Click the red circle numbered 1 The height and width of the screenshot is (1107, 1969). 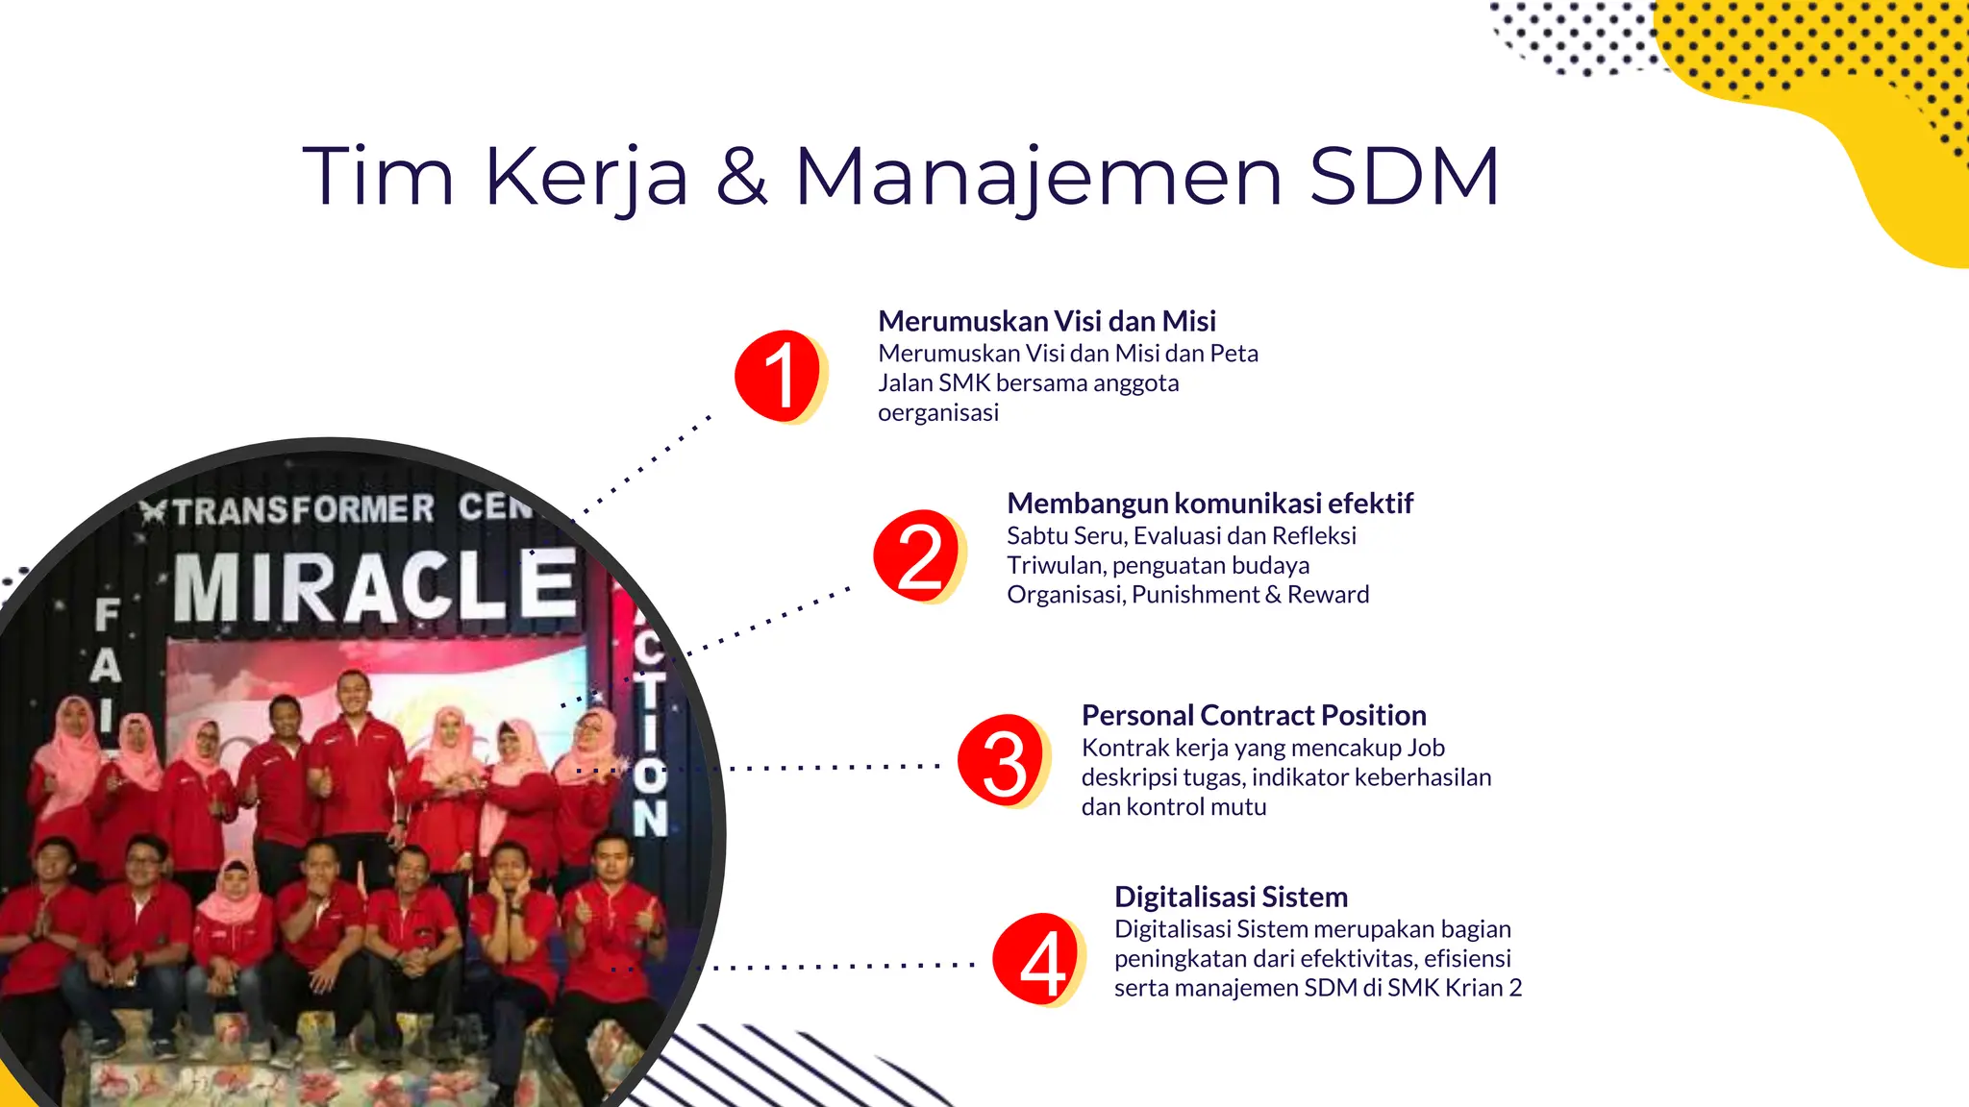(778, 376)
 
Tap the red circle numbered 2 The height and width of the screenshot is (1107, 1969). (917, 555)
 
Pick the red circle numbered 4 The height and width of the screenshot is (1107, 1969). (1037, 959)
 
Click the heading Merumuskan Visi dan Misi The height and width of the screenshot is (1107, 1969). (1046, 321)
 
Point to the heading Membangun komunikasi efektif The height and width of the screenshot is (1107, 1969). (1209, 503)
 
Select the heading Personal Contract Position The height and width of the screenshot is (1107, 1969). (1253, 715)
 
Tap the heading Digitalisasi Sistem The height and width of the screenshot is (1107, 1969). (1231, 897)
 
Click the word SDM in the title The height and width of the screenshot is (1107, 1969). (1404, 176)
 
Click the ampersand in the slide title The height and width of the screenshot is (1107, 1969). (741, 176)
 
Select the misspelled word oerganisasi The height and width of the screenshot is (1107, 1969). (937, 413)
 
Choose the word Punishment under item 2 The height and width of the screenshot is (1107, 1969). (1194, 595)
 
